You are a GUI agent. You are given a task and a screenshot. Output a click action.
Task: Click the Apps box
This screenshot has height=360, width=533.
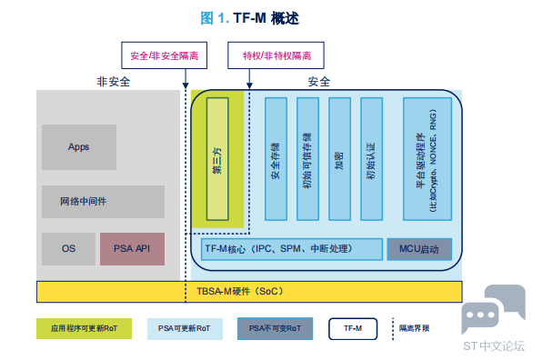coord(79,147)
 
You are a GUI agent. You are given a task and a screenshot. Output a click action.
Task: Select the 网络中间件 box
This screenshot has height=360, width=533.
coord(103,202)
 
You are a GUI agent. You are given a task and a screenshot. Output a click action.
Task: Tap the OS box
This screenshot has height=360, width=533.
coord(68,249)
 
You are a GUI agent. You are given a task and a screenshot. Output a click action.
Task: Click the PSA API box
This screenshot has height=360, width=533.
coord(132,249)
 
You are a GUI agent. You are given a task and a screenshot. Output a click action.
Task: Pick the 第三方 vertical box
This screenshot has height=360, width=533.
coord(217,159)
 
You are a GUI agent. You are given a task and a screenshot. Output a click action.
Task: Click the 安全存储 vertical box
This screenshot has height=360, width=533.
coord(276,159)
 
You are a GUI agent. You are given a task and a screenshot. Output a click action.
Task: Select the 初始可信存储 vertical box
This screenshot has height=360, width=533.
coord(307,159)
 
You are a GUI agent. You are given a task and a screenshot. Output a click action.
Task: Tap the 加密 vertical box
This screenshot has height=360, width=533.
coord(339,159)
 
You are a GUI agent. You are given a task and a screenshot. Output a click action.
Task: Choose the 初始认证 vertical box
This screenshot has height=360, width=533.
coord(371,159)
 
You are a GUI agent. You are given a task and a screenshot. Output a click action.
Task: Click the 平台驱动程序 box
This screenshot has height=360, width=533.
coord(427,159)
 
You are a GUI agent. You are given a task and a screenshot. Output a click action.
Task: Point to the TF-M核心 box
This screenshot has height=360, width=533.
coord(292,249)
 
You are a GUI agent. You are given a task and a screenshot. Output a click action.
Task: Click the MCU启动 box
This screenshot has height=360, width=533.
coord(419,249)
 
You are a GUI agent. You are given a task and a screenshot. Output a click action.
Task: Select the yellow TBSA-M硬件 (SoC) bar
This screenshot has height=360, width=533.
coord(249,292)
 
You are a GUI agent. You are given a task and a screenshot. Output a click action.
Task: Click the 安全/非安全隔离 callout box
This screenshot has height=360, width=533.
coord(165,55)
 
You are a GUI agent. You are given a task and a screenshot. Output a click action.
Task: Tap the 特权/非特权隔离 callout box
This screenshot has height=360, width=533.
coord(276,55)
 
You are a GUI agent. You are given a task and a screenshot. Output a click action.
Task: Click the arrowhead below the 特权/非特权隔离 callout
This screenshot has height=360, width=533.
coord(249,85)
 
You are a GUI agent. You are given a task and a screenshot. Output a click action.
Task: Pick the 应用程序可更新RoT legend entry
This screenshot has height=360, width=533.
coord(84,328)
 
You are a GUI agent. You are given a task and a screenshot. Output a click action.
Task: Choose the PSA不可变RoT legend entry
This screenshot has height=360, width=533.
coord(275,328)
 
